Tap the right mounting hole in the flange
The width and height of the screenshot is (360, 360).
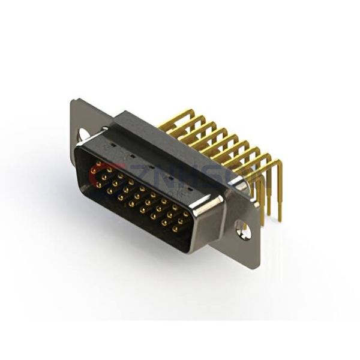point(243,227)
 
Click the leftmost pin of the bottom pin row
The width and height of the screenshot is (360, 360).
point(98,185)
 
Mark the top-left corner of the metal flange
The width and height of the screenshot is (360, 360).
point(72,101)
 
